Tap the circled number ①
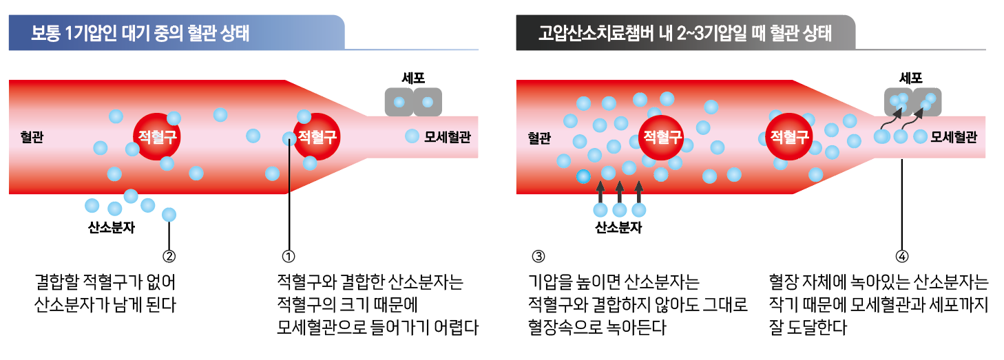tap(289, 256)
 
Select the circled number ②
tap(169, 256)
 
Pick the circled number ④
tap(902, 256)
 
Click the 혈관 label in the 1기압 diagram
tap(32, 137)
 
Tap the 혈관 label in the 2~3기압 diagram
tap(539, 137)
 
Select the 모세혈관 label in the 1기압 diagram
tap(448, 137)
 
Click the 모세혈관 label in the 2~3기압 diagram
tap(954, 137)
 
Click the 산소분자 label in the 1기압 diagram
tap(112, 228)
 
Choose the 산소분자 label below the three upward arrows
tap(618, 228)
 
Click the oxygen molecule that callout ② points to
tap(169, 214)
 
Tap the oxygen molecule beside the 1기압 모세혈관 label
tap(412, 136)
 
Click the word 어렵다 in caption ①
tap(457, 327)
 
